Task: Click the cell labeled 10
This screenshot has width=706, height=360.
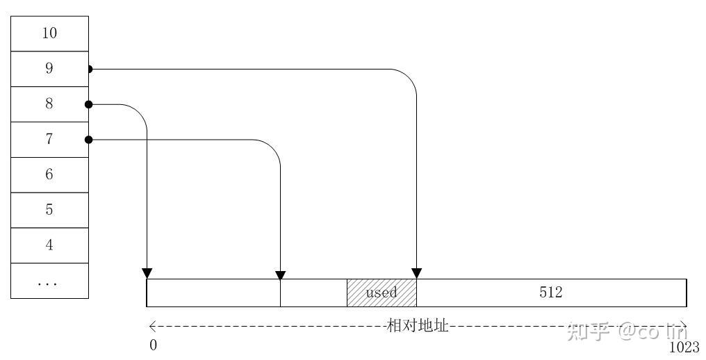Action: pos(49,33)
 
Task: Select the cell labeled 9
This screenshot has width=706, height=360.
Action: pos(49,69)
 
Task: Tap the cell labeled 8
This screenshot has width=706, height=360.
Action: pos(49,104)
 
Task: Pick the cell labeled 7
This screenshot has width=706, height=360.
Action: pos(49,140)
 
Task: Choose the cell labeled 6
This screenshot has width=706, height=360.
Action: pos(49,175)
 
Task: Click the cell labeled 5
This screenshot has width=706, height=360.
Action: pos(49,211)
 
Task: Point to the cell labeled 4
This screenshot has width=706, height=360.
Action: pos(49,245)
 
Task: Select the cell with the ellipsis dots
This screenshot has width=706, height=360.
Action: pos(49,281)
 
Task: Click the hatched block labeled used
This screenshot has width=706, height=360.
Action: pos(381,293)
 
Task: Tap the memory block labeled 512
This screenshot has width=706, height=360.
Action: pos(551,293)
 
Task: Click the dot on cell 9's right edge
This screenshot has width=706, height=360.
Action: pos(89,69)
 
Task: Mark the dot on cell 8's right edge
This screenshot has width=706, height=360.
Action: pos(89,104)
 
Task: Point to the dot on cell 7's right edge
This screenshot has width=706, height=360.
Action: pos(89,140)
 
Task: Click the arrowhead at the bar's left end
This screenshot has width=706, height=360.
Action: pos(147,273)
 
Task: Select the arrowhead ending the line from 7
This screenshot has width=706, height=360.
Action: pos(280,273)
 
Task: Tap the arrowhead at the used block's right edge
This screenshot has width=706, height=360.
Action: pos(417,273)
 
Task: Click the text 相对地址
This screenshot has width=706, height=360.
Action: pos(418,325)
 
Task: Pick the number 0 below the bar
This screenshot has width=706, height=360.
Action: pos(154,345)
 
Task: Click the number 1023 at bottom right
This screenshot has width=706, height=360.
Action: pos(684,347)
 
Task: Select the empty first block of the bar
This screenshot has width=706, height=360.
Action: pos(213,293)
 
